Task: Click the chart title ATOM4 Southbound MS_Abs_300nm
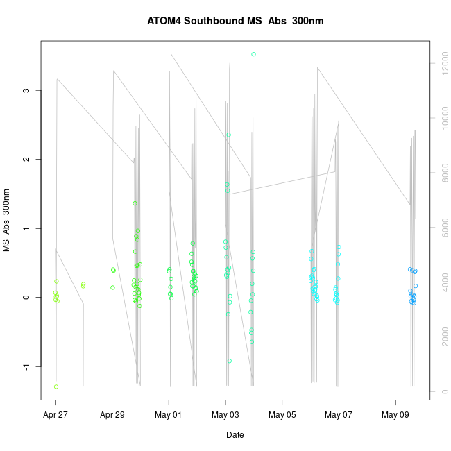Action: coord(235,21)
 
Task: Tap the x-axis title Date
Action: coord(235,435)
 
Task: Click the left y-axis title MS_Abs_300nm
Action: coord(7,220)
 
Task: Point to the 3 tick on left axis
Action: coord(26,90)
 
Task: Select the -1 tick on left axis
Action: coord(26,366)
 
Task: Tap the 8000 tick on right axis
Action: coord(441,173)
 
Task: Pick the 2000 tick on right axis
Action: coord(441,337)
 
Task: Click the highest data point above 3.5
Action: coord(253,54)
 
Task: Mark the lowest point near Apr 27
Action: coord(56,386)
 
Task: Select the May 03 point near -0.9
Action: coord(230,361)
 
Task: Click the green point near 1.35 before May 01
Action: coord(135,203)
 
